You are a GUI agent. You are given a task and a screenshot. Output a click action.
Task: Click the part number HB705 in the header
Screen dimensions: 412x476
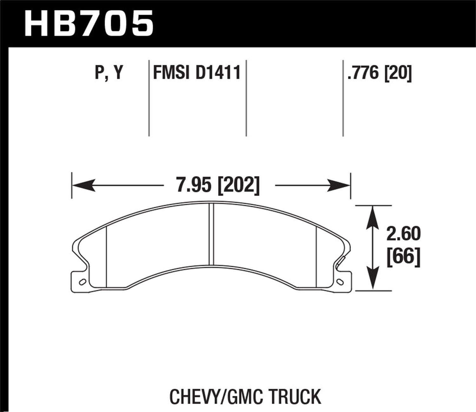tap(89, 23)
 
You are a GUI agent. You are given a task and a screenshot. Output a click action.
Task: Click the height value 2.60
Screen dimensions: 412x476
tap(403, 234)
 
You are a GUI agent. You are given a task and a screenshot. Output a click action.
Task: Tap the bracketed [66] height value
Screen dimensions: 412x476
tap(403, 257)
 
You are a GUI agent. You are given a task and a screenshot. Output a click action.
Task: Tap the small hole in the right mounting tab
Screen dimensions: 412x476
tap(341, 282)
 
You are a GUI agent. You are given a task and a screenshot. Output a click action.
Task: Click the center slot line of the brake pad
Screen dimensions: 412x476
tap(212, 234)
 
